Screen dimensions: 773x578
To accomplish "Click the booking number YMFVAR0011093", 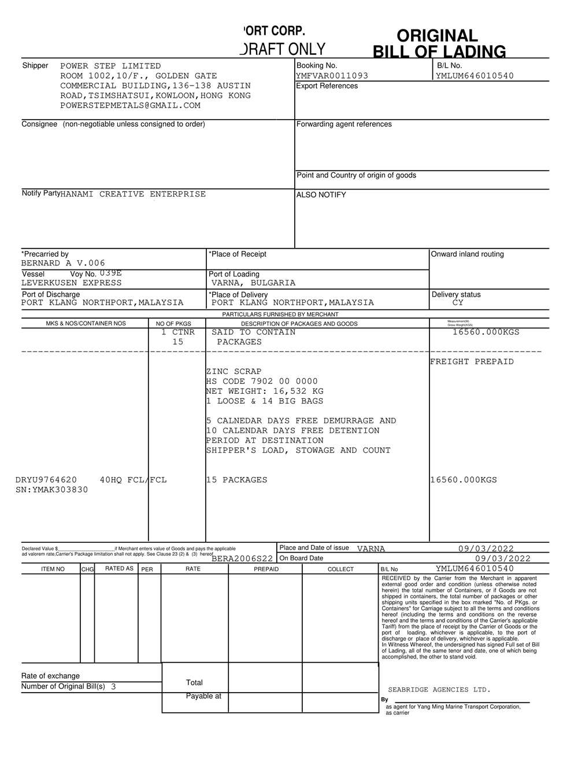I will (x=332, y=76).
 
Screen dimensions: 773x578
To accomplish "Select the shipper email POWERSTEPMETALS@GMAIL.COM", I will (x=130, y=105).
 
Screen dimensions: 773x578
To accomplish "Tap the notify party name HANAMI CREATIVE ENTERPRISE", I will (x=133, y=194).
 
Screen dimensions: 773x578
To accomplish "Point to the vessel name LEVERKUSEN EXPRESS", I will (x=72, y=283).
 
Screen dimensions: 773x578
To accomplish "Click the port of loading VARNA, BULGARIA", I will (x=253, y=283).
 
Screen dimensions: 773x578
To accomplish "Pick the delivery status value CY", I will (x=458, y=302).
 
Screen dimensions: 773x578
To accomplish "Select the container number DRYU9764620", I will (x=46, y=480).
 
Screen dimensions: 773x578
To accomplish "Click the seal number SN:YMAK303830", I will (x=52, y=490).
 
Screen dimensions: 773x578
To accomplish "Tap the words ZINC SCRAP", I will (x=234, y=371).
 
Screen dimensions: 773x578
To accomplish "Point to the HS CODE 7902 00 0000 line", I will (x=262, y=381).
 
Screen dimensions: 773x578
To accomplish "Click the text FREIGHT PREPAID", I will (x=472, y=361).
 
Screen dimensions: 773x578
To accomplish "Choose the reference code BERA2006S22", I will (x=242, y=559).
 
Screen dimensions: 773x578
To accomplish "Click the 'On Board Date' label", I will (x=301, y=558).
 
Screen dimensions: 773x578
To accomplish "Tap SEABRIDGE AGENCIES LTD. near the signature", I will (x=439, y=690).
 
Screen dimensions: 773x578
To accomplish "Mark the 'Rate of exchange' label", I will (x=51, y=676).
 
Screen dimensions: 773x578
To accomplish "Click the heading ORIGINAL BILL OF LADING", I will (x=439, y=44).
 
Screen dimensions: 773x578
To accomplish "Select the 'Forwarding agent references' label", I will (x=344, y=124).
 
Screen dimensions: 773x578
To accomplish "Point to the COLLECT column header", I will (x=340, y=569).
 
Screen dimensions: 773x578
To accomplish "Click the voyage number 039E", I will (x=110, y=273).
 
